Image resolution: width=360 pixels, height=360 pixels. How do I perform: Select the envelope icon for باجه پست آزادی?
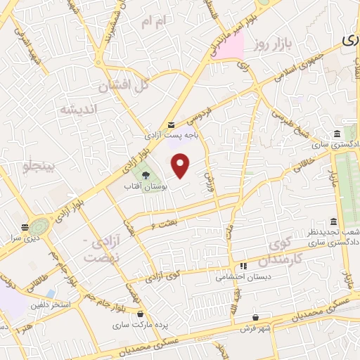[x=172, y=124]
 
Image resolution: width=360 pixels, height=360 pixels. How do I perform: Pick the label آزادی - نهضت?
[x=97, y=249]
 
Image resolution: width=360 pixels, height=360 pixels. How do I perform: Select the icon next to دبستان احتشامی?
[x=243, y=266]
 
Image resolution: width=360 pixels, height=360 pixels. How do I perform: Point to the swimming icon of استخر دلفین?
[x=51, y=293]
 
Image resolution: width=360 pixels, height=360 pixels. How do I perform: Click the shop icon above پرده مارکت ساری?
[x=141, y=314]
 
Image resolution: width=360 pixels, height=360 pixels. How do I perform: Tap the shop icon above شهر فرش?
[x=255, y=316]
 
